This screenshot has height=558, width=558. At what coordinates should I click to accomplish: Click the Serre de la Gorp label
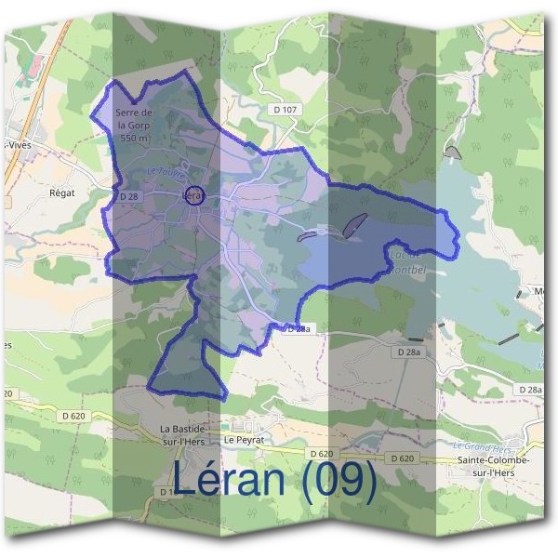133,119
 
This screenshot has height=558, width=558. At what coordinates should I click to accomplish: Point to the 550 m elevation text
133,138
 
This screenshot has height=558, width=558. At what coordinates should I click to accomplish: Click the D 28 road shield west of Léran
129,196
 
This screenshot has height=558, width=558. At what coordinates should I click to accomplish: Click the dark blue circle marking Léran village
193,196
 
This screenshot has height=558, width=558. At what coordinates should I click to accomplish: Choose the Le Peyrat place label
244,439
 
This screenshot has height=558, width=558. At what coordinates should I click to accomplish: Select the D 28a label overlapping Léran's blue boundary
296,329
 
